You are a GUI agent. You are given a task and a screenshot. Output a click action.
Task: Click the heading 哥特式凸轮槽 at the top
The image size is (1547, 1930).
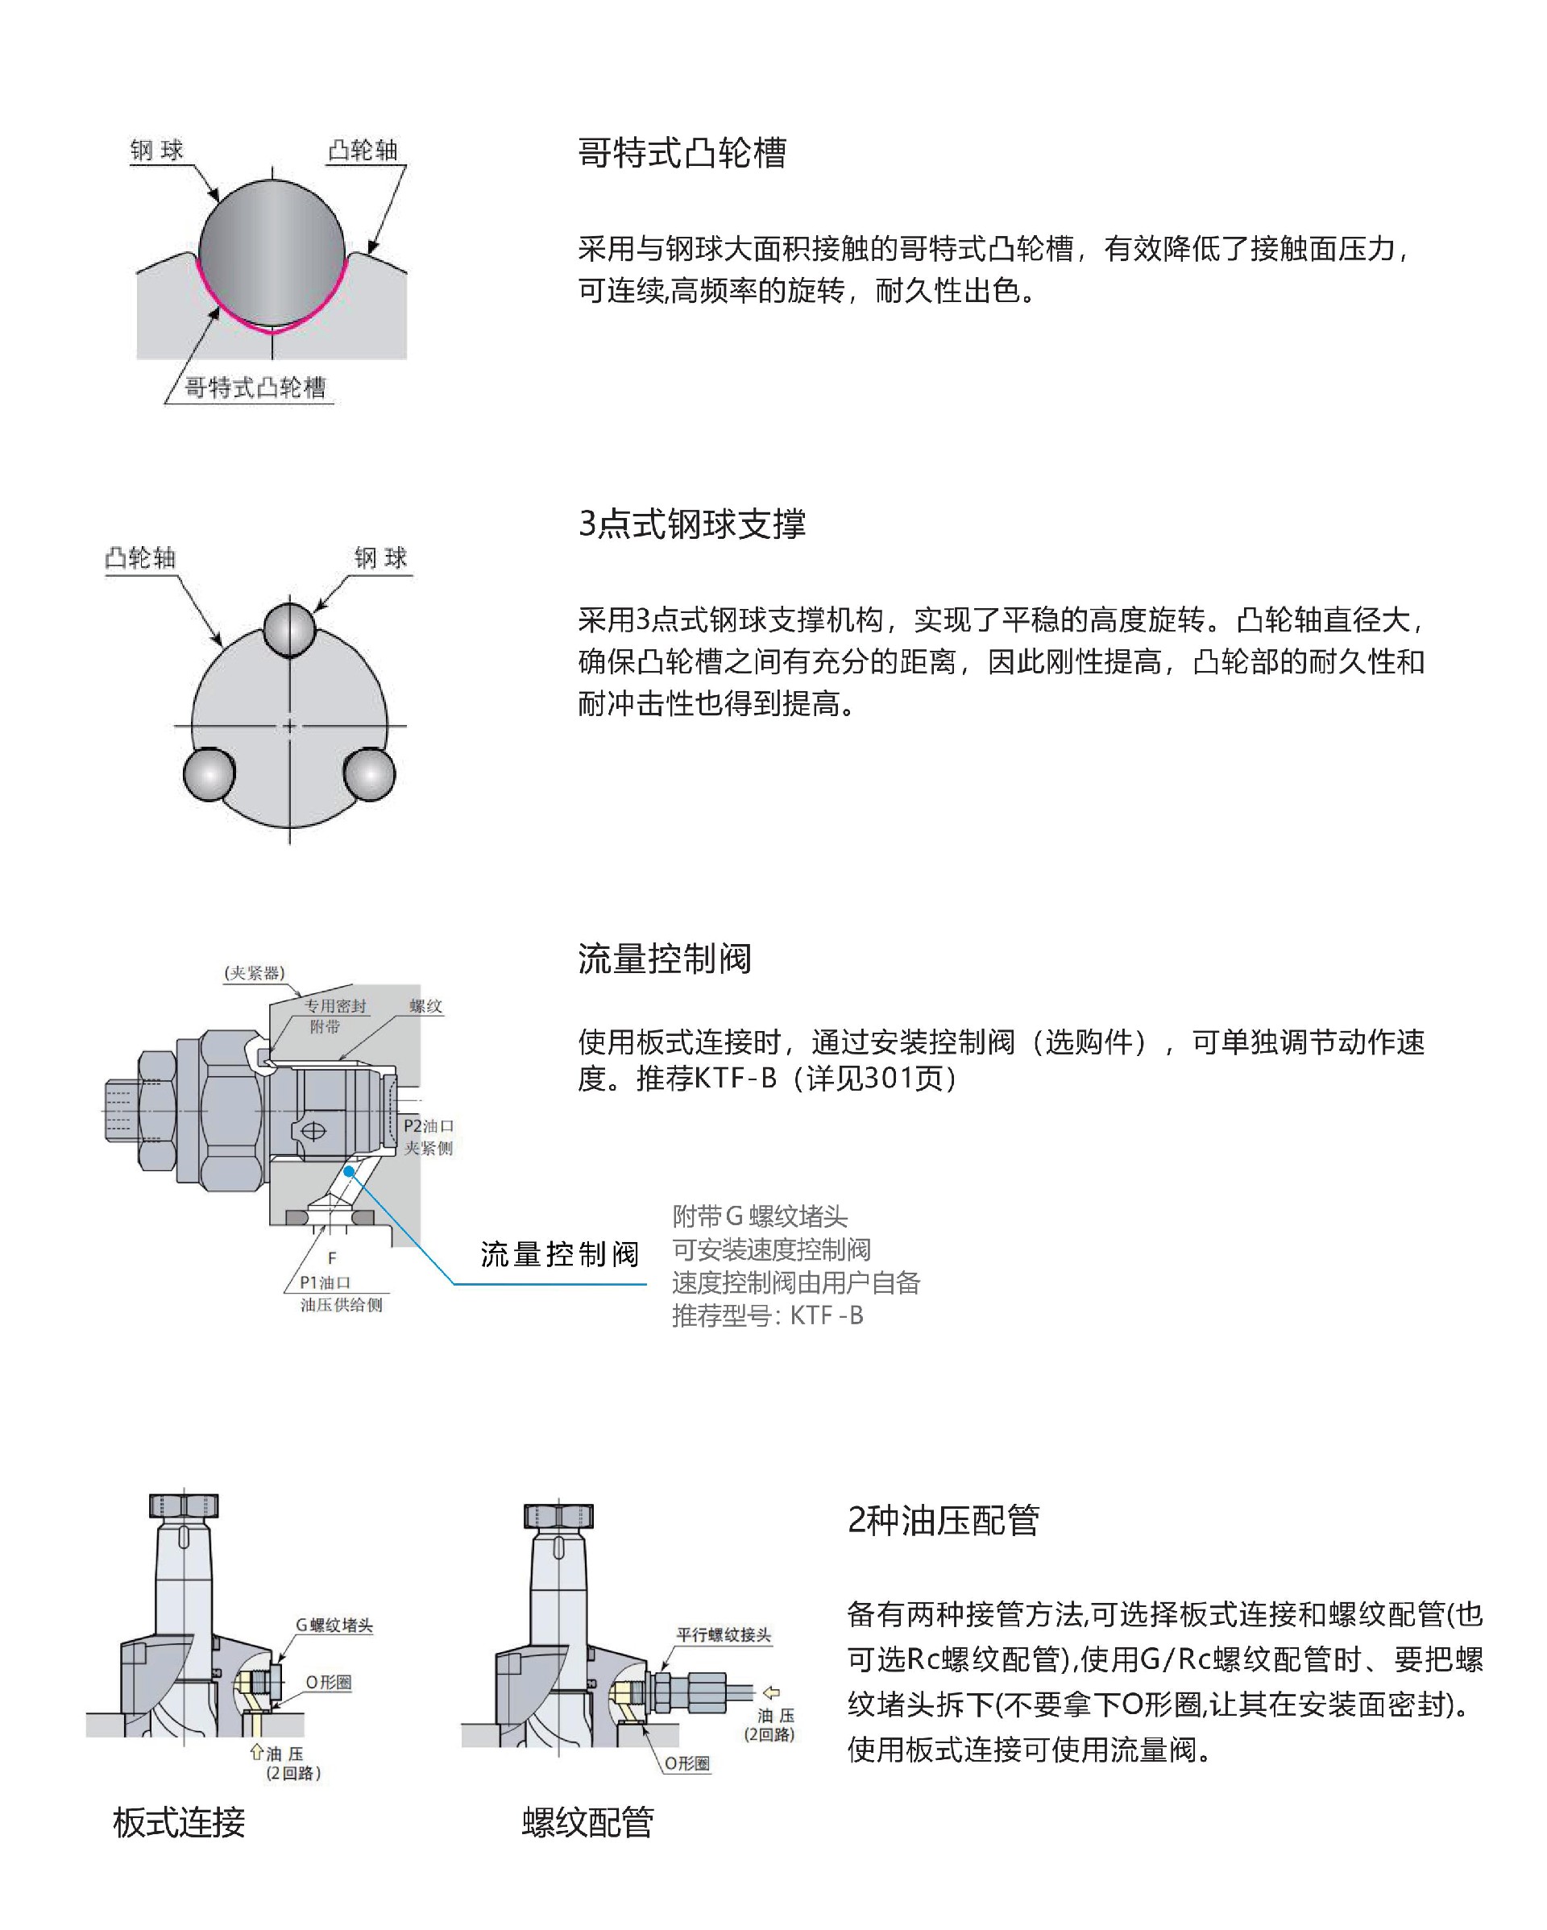(x=682, y=153)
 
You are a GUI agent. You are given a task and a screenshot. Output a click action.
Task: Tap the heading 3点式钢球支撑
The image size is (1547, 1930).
(x=691, y=524)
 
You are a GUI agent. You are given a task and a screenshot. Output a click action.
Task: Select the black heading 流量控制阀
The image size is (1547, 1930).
(x=664, y=959)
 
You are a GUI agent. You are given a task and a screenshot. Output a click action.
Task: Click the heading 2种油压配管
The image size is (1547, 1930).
(x=943, y=1520)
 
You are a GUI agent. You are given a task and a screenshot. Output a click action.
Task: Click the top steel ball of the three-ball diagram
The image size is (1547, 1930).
(x=289, y=629)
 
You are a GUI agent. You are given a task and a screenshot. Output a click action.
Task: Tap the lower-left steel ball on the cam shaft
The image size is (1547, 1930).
(x=209, y=773)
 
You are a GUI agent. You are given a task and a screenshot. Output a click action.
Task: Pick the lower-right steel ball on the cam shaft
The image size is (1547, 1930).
(x=369, y=773)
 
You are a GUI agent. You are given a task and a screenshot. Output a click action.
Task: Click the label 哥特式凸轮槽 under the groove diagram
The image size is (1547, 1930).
(x=255, y=387)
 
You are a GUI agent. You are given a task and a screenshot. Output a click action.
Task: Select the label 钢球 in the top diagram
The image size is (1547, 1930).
(x=156, y=151)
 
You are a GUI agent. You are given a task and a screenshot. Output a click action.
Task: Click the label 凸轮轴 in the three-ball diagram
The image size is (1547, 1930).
(x=140, y=558)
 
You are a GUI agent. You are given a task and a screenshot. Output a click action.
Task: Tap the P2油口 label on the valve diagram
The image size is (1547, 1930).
(x=429, y=1125)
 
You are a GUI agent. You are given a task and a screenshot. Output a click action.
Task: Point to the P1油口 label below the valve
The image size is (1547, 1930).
(x=325, y=1282)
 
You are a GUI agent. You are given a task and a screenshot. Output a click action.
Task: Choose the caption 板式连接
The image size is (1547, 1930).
(x=179, y=1822)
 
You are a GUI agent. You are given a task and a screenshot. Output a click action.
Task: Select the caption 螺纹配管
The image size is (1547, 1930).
(x=588, y=1822)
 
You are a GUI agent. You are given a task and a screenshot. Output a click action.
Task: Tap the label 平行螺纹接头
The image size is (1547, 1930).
(x=724, y=1634)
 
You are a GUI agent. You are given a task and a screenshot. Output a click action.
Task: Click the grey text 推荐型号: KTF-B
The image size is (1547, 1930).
(x=767, y=1315)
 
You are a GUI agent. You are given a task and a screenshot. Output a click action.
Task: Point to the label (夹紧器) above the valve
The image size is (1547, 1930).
(x=255, y=973)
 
